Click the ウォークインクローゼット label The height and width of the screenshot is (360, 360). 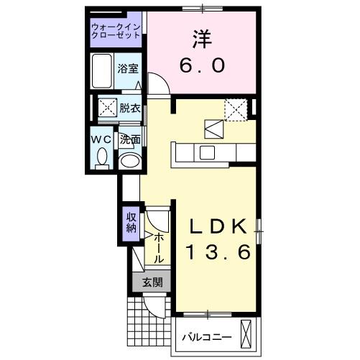pyautogui.click(x=117, y=33)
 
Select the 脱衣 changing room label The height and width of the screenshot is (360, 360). pyautogui.click(x=130, y=109)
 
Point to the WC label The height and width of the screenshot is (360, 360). pyautogui.click(x=100, y=139)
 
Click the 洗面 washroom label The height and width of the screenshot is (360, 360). pyautogui.click(x=129, y=139)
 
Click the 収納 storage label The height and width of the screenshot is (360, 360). pyautogui.click(x=131, y=223)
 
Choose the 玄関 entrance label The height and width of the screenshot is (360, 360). pyautogui.click(x=151, y=282)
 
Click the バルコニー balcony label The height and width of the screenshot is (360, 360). pyautogui.click(x=207, y=336)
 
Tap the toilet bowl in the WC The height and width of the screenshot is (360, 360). pyautogui.click(x=101, y=156)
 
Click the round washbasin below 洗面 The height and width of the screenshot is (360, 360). pyautogui.click(x=129, y=160)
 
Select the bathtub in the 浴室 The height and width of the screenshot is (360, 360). pyautogui.click(x=102, y=70)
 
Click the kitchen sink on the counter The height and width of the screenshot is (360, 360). pyautogui.click(x=207, y=152)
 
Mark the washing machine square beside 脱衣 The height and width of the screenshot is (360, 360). pyautogui.click(x=109, y=109)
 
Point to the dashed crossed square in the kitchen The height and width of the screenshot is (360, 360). pyautogui.click(x=235, y=109)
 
